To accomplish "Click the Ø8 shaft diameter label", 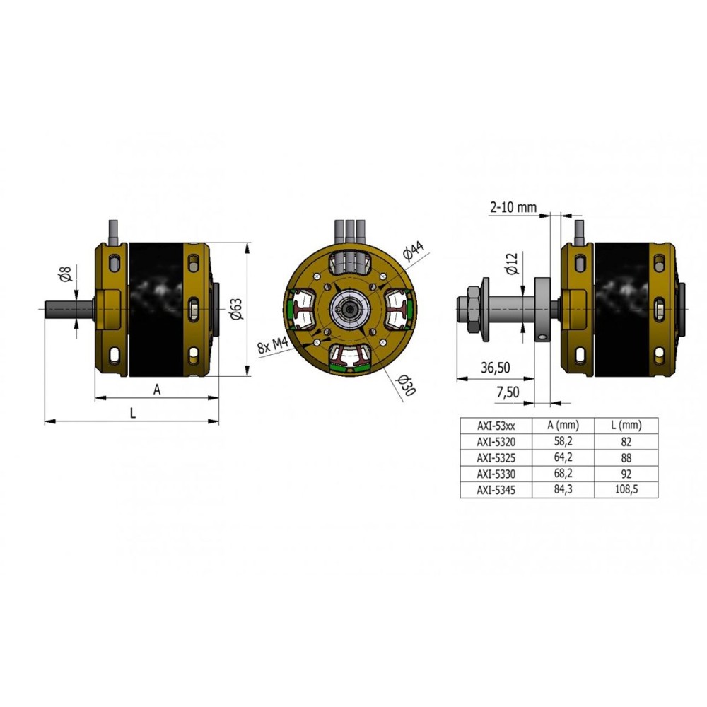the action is (x=66, y=274).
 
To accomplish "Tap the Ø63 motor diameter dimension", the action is (x=236, y=310).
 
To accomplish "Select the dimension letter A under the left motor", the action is (x=156, y=390).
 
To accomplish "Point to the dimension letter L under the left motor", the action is (x=133, y=413).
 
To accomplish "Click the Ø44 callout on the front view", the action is (x=413, y=251).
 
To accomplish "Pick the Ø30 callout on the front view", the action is (x=405, y=385).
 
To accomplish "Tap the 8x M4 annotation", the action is (x=273, y=345).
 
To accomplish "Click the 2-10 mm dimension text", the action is (x=513, y=207).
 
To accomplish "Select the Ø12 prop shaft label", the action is (x=513, y=263).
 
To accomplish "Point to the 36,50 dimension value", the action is (x=495, y=368).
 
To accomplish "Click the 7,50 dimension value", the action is (x=508, y=392).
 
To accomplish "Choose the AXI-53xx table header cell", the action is (x=496, y=426).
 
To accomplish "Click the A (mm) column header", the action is (x=563, y=425).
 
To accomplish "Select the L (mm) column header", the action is (x=626, y=425).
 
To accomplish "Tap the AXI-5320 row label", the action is (x=496, y=442).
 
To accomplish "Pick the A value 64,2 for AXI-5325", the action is (x=563, y=457).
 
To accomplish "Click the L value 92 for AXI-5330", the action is (x=626, y=474).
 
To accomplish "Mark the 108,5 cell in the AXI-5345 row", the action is (x=626, y=490).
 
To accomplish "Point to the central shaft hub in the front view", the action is (x=350, y=310).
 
